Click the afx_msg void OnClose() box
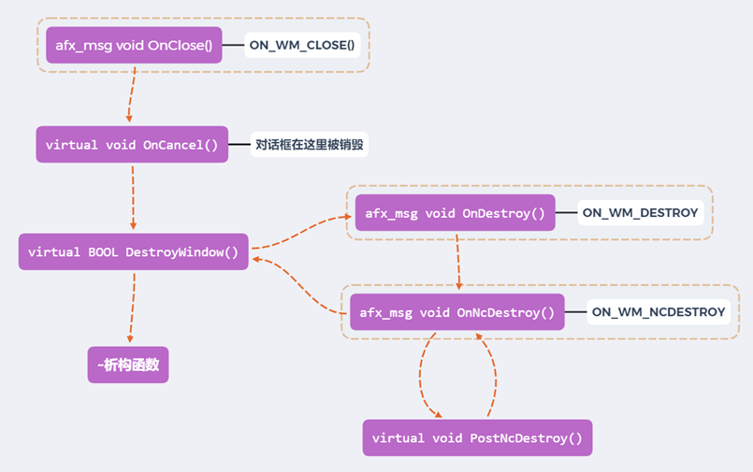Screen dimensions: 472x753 coord(135,45)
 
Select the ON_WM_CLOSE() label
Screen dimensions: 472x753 coord(302,45)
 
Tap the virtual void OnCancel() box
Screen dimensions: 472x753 coord(132,145)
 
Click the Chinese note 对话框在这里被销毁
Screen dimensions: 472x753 coord(310,145)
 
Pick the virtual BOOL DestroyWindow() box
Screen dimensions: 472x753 coord(134,251)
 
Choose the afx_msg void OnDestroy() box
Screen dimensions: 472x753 coord(455,213)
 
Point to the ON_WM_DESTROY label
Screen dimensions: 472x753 coord(640,213)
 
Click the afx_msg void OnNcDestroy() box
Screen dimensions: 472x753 coord(457,312)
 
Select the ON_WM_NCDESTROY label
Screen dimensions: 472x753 coord(659,312)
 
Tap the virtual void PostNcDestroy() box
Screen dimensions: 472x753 coord(477,437)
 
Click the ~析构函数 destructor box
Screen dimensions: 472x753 coord(128,365)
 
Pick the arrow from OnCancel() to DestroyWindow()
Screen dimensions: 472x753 coord(133,197)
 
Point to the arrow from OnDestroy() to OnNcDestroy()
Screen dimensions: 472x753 coord(457,262)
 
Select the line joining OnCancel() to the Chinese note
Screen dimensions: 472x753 coord(239,145)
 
